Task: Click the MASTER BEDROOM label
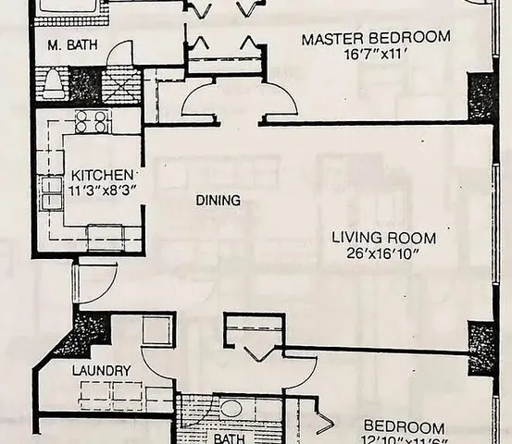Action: pyautogui.click(x=376, y=38)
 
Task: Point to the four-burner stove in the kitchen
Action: pyautogui.click(x=93, y=121)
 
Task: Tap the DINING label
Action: pyautogui.click(x=218, y=200)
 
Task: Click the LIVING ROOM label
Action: pyautogui.click(x=383, y=238)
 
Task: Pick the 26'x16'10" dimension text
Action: pyautogui.click(x=383, y=254)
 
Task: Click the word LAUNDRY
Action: pyautogui.click(x=101, y=371)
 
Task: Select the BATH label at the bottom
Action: pyautogui.click(x=228, y=438)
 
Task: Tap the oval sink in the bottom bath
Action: pyautogui.click(x=231, y=408)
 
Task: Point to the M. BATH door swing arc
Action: pyautogui.click(x=119, y=55)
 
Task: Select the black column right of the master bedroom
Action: pyautogui.click(x=481, y=96)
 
